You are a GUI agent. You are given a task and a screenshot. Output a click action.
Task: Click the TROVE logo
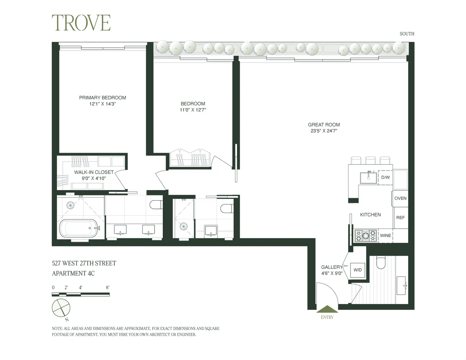pos(81,23)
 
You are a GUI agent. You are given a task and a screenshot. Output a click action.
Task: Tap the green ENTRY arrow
pos(327,309)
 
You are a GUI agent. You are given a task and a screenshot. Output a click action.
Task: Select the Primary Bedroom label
pos(103,98)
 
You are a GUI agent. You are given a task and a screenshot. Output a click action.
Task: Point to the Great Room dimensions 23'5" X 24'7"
pos(324,131)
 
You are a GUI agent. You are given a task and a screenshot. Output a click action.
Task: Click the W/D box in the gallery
pos(358,270)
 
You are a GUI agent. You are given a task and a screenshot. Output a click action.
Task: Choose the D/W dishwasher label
pos(385,177)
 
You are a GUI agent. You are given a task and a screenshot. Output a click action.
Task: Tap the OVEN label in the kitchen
pos(400,198)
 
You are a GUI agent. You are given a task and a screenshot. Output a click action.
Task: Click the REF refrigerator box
pos(400,217)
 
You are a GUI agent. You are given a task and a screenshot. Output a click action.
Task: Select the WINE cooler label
pos(385,235)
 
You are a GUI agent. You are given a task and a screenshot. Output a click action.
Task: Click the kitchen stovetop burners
pos(366,236)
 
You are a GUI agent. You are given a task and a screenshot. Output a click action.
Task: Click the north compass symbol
pos(61,308)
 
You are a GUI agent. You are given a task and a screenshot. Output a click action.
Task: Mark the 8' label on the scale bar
pos(107,288)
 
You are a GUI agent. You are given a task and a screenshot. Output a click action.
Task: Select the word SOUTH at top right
pos(407,34)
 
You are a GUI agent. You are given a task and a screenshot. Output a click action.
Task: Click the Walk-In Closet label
pos(94,172)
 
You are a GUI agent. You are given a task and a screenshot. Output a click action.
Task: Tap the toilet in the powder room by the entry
pos(381,263)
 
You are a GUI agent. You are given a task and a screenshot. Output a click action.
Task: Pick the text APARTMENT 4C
pos(73,274)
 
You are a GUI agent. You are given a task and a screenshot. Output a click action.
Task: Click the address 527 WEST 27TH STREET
pos(84,264)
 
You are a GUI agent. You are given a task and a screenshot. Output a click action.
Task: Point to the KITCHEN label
pos(370,215)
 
